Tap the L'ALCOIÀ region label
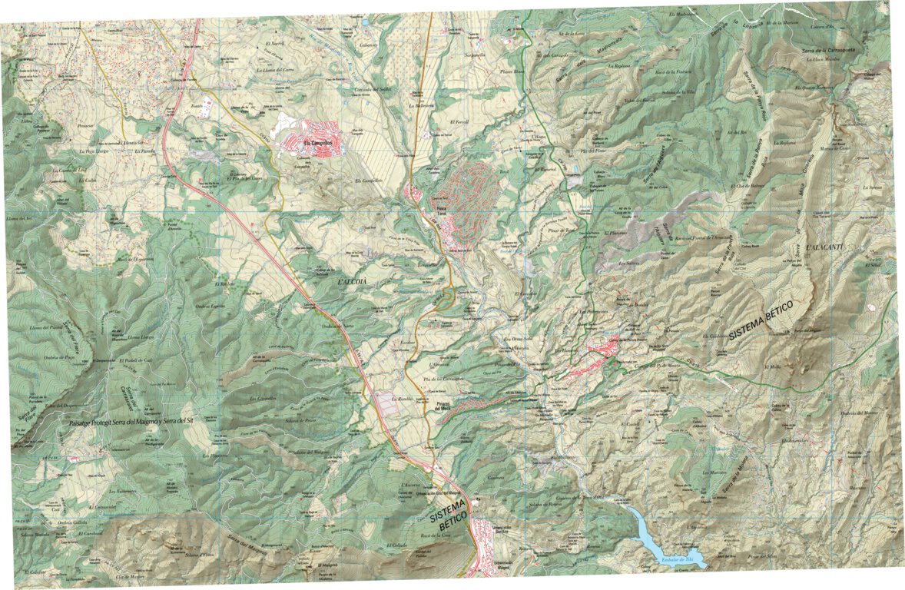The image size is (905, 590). (x=357, y=283)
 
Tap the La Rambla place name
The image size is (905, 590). (x=403, y=399)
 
